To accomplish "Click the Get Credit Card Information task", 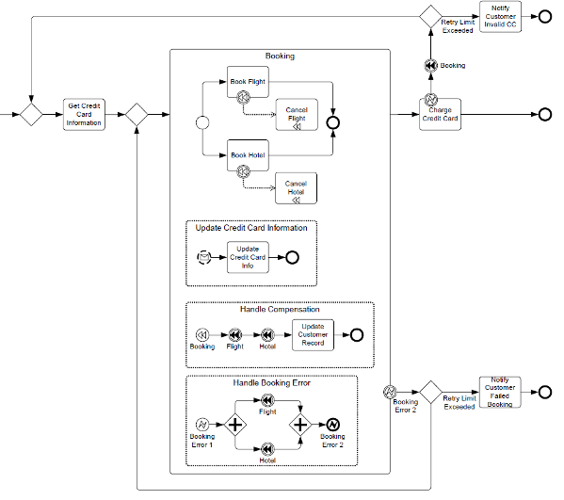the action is click(x=84, y=114).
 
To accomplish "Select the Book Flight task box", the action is click(x=248, y=82).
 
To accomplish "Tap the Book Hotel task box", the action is click(x=248, y=155).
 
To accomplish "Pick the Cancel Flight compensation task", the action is click(x=297, y=114).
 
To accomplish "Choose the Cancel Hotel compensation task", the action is click(x=296, y=188).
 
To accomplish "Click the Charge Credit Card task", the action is click(x=440, y=114).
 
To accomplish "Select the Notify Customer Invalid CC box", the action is click(x=500, y=17).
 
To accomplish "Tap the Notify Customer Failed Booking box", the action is click(x=500, y=392).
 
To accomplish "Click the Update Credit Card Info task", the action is click(x=248, y=257).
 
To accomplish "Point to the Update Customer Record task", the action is click(x=313, y=335).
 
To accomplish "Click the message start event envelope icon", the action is click(x=204, y=257).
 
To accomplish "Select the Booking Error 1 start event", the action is click(x=202, y=425).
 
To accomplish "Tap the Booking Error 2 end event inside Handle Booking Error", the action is click(x=332, y=425).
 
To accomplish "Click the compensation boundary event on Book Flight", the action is click(x=244, y=98).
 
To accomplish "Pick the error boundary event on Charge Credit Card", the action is click(x=431, y=99).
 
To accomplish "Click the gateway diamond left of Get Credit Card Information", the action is click(x=31, y=114).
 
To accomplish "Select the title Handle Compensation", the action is click(x=280, y=310).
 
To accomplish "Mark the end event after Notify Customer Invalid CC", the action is click(x=545, y=17).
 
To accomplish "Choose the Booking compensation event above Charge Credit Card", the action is click(x=431, y=66).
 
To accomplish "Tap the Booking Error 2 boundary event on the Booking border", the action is click(x=390, y=392).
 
